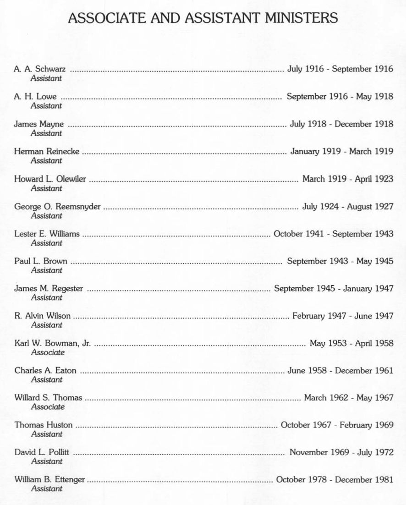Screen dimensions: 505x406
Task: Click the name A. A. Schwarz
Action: [x=40, y=70]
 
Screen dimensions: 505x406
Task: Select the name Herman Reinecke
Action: [x=47, y=152]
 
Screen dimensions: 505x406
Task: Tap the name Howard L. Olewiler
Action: [x=50, y=179]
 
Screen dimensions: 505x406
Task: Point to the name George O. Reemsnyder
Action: [x=57, y=207]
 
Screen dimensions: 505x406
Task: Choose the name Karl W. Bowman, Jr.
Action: [x=53, y=344]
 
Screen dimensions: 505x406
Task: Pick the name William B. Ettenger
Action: [x=49, y=480]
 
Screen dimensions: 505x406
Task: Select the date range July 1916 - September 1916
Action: [x=340, y=69]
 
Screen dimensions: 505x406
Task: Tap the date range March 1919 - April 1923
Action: [x=347, y=179]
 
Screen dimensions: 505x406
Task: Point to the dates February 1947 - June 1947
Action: [x=343, y=316]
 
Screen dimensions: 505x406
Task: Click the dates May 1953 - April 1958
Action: [x=351, y=343]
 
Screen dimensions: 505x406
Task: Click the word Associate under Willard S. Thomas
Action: [x=48, y=407]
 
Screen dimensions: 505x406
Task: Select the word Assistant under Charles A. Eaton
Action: [x=46, y=379]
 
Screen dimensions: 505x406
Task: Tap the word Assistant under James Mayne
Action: [x=46, y=133]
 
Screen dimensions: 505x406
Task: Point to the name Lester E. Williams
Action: [x=47, y=234]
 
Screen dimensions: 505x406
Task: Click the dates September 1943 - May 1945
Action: [x=340, y=261]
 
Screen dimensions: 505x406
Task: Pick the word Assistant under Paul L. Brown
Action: [x=46, y=270]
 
